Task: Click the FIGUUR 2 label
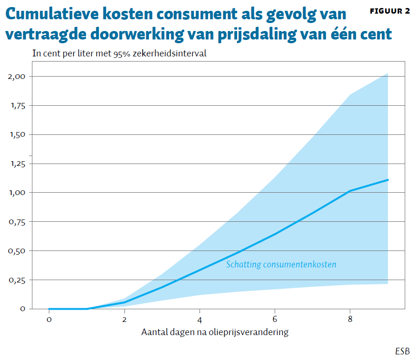[390, 11]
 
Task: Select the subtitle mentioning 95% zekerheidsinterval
[119, 54]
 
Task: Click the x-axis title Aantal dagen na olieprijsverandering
[215, 332]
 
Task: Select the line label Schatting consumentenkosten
[281, 265]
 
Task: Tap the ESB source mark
[402, 351]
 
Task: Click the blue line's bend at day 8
[350, 191]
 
